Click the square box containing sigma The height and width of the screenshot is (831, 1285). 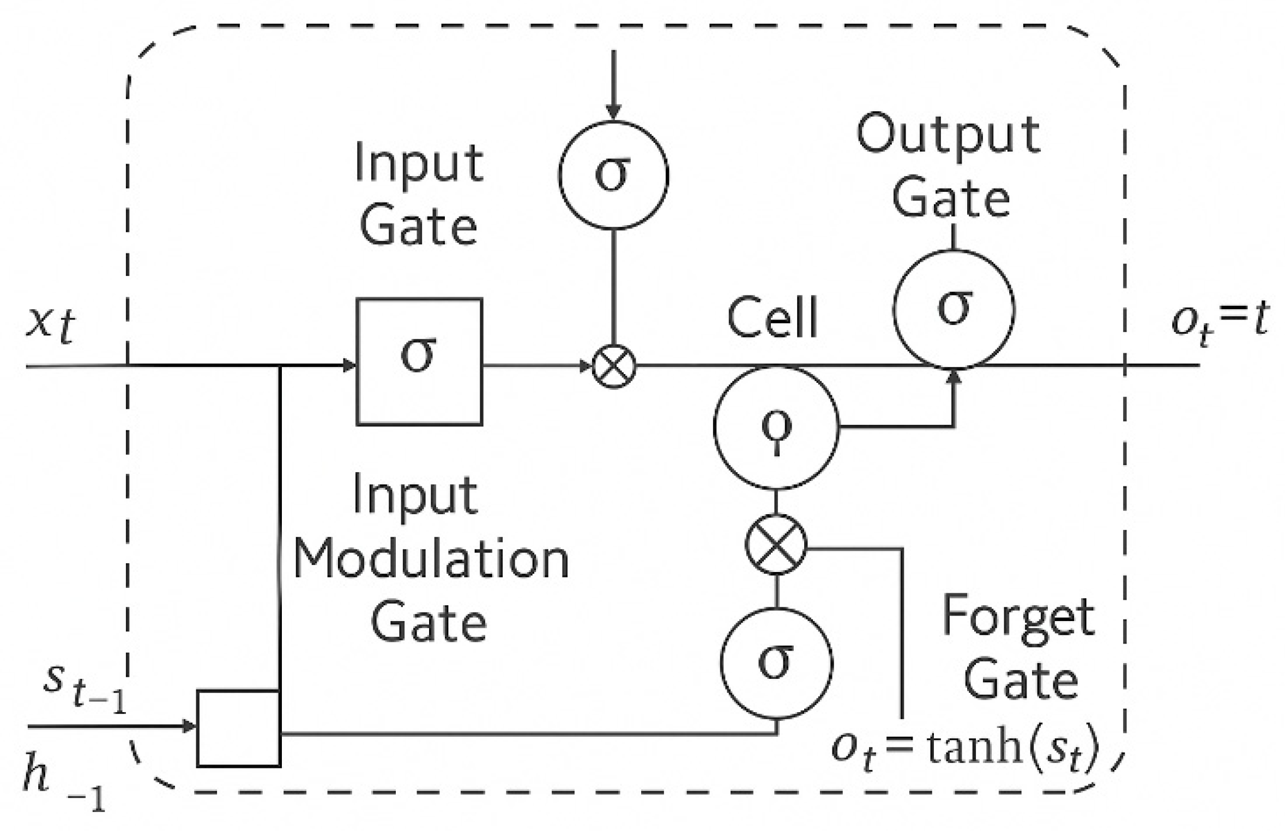[419, 361]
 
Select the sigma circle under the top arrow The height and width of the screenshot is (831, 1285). [613, 174]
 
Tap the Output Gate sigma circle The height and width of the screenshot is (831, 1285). [954, 309]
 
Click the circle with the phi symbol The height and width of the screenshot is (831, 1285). [776, 427]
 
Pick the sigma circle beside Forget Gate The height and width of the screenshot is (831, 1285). [776, 663]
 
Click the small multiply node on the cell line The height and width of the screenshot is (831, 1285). [614, 366]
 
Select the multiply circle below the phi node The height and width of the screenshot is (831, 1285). [776, 545]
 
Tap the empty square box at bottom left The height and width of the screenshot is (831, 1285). [238, 728]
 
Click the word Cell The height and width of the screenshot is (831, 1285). [773, 317]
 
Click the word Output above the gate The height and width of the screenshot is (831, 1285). [949, 134]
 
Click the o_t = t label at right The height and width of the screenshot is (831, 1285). [1220, 322]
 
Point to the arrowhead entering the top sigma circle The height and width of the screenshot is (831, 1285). [613, 112]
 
